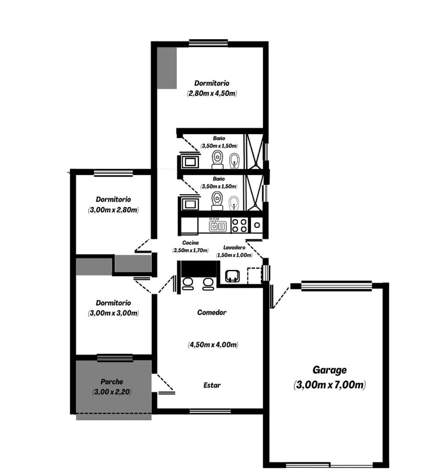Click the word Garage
tap(330, 370)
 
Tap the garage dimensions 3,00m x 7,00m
tap(330, 385)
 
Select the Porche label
tap(112, 381)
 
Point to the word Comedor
tap(212, 313)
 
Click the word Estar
tap(212, 385)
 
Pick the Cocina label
tap(191, 243)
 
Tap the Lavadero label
tap(234, 248)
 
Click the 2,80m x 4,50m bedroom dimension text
tap(212, 93)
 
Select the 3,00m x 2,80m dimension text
tap(113, 210)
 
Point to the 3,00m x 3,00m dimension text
tap(113, 313)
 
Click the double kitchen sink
tap(218, 226)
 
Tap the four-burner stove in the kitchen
tap(239, 226)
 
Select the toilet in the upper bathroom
tap(218, 160)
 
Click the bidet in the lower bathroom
tap(234, 202)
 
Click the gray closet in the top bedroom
tap(167, 68)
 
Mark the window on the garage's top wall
tap(337, 286)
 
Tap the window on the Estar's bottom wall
tap(210, 412)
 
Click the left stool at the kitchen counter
tap(188, 284)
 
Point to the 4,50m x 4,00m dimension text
tap(213, 345)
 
